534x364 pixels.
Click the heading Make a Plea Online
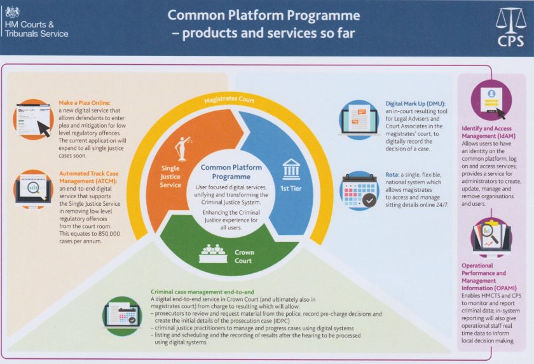pos(84,104)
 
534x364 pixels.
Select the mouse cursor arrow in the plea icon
pos(44,129)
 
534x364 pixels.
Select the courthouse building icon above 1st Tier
pos(291,169)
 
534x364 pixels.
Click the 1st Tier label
pos(292,189)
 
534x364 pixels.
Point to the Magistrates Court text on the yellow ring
pos(230,101)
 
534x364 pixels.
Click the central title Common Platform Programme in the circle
pos(231,172)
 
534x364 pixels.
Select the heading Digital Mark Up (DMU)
pos(416,104)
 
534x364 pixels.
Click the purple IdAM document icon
pos(491,98)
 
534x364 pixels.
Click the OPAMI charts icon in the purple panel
pos(491,236)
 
